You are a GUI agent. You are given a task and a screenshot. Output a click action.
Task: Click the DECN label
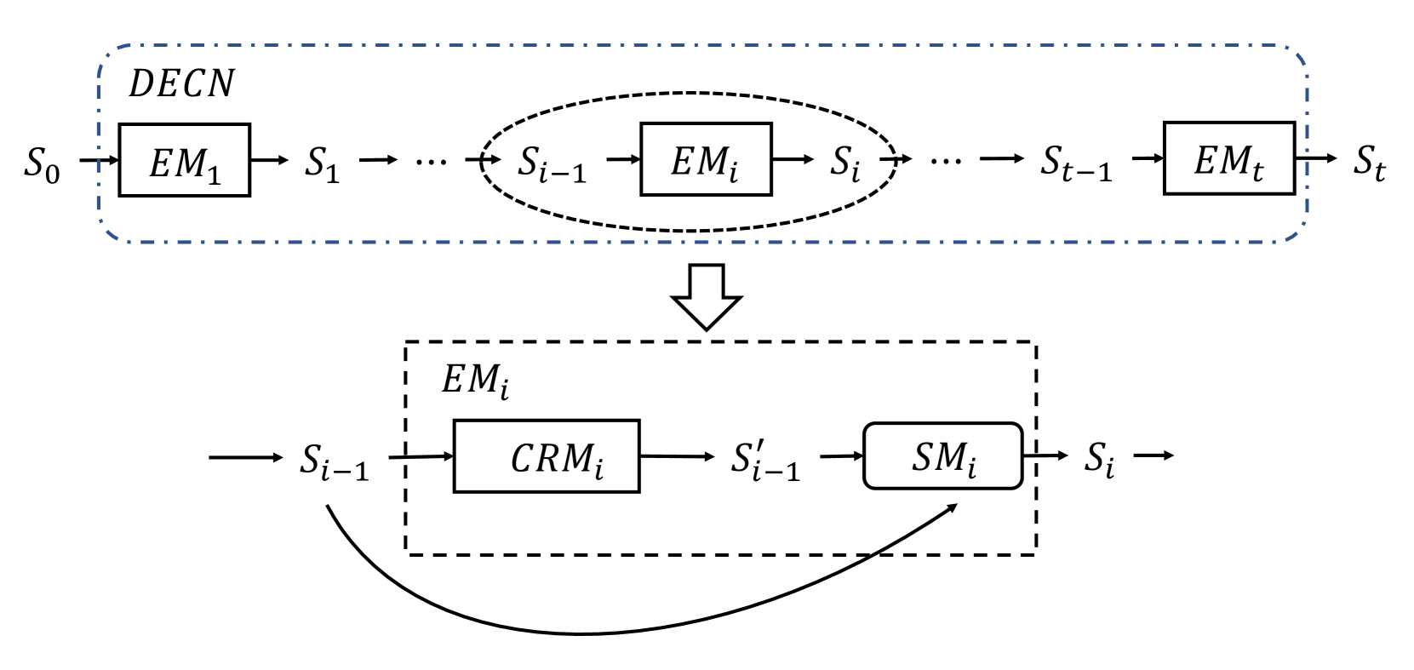180,83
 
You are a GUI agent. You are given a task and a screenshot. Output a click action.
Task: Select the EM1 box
184,161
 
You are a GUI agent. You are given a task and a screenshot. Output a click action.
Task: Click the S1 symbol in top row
323,163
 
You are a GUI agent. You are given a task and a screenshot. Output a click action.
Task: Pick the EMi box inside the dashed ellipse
706,160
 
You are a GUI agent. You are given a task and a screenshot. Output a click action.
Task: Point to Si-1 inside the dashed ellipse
552,163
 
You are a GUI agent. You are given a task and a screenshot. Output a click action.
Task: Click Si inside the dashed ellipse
846,163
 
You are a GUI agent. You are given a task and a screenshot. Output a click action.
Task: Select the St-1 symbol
1076,163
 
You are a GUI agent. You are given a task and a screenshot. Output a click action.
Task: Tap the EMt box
1228,159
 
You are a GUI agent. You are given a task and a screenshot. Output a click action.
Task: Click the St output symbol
1370,162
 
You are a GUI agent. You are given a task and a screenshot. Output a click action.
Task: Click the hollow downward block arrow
707,297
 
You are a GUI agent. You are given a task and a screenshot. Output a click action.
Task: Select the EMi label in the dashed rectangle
475,380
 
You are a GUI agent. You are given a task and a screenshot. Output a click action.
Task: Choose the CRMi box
547,457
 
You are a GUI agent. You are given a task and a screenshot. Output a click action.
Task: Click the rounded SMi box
942,457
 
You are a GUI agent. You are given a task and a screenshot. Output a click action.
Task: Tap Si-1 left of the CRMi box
335,461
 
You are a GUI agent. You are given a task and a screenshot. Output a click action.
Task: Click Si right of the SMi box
1099,459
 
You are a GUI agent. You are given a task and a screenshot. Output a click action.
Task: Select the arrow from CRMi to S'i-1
677,457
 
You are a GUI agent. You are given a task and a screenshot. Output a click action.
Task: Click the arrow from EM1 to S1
269,160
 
